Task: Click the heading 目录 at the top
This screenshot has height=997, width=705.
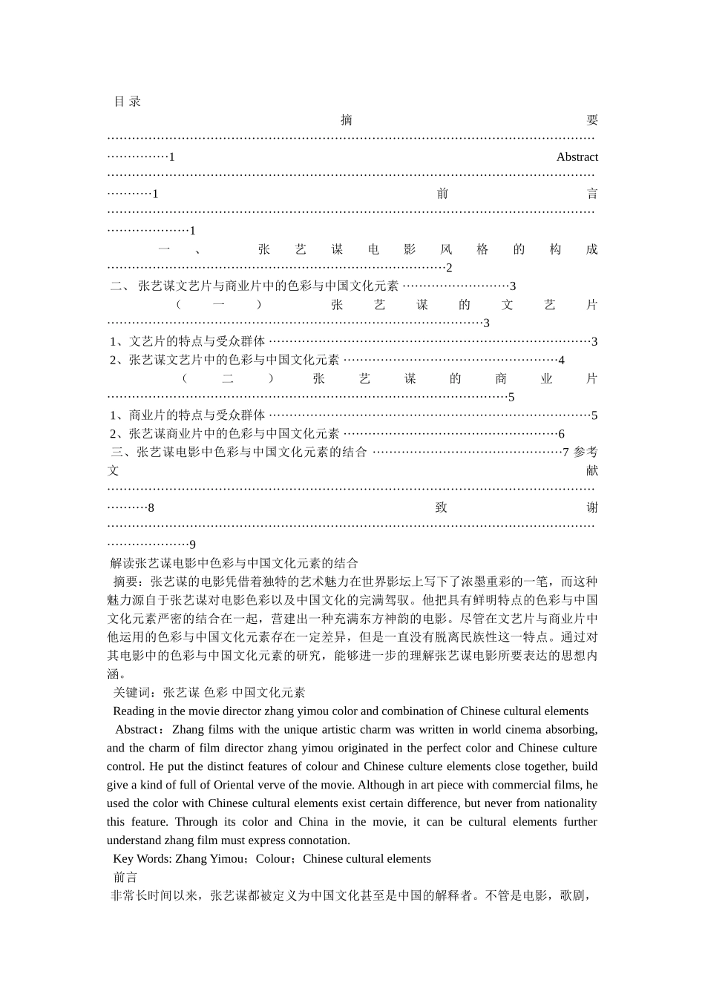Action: [127, 102]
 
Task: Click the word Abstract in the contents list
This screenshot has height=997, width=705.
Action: [577, 157]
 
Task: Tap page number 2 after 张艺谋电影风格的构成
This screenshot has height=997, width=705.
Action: [449, 268]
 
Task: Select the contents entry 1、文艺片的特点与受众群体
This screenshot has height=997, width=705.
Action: [187, 341]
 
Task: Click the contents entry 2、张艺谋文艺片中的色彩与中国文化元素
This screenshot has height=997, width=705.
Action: [224, 360]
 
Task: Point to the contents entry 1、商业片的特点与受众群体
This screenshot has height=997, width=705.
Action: [187, 415]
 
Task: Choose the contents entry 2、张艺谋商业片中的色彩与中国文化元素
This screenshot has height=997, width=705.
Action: [224, 434]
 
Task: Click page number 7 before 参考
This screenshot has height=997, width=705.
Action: [565, 453]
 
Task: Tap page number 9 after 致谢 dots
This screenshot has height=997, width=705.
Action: [192, 545]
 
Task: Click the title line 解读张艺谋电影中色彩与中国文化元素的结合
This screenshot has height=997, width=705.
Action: [234, 563]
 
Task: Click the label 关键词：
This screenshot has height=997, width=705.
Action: [137, 693]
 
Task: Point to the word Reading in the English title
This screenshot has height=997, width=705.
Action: [134, 711]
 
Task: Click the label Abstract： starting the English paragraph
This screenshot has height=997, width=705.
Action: [139, 729]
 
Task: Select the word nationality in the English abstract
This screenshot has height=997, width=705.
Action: [570, 803]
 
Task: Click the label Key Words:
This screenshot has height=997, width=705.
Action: [142, 859]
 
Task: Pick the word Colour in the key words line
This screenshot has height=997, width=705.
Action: [274, 859]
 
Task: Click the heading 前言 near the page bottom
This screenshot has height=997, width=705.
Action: [125, 878]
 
